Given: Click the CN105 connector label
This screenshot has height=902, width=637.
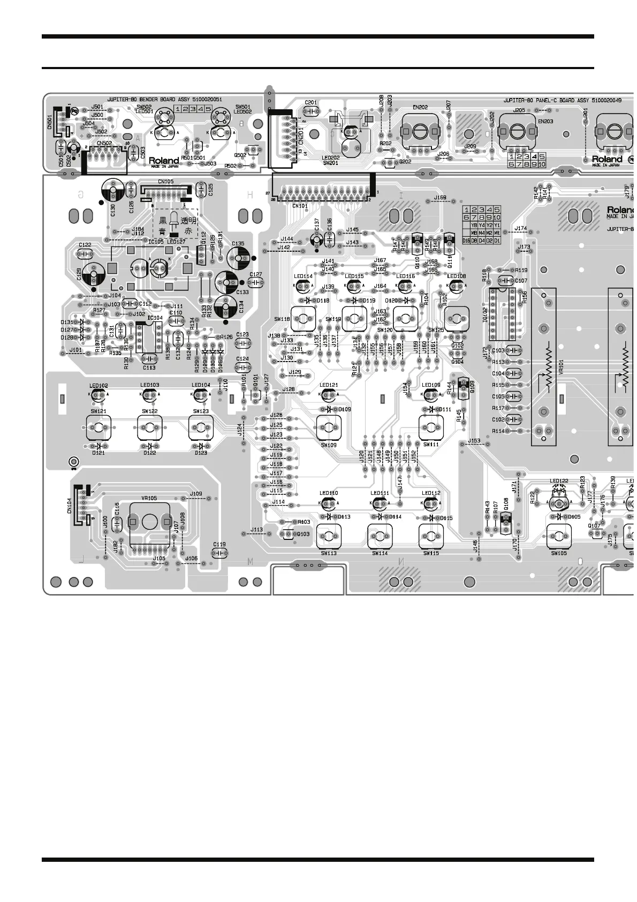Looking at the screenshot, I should point(165,182).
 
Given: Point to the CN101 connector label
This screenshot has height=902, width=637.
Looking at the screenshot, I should point(300,205).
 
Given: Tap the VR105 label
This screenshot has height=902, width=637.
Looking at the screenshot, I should point(149,498).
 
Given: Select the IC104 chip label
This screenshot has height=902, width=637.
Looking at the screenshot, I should point(155,318).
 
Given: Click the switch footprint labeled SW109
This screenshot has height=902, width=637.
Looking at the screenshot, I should point(328,427).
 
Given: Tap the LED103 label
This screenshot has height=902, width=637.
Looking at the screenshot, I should point(150,385).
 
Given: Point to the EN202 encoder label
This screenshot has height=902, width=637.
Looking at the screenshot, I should point(420,108).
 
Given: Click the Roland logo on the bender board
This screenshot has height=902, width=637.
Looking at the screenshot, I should point(164,161).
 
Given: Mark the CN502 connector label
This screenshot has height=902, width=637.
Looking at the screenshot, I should point(104,143).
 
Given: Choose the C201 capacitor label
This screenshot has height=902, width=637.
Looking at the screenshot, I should point(310,102).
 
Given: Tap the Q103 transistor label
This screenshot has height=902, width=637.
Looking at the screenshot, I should point(303,534).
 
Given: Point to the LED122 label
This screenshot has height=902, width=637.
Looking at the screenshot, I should point(559,482).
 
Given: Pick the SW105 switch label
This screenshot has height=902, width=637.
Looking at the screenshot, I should point(558,553).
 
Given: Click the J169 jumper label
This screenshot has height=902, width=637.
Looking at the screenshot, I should point(440,198).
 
